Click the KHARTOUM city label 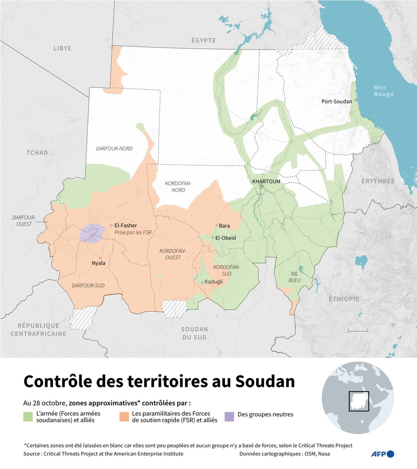(x=267, y=181)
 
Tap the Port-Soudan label (x=336, y=101)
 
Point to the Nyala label (x=98, y=263)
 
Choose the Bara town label (x=225, y=226)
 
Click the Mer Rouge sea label (x=384, y=91)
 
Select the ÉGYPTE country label (x=204, y=41)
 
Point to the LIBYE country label (x=63, y=48)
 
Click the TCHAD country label (x=37, y=153)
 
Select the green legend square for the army (x=28, y=417)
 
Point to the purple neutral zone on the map (x=93, y=233)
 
